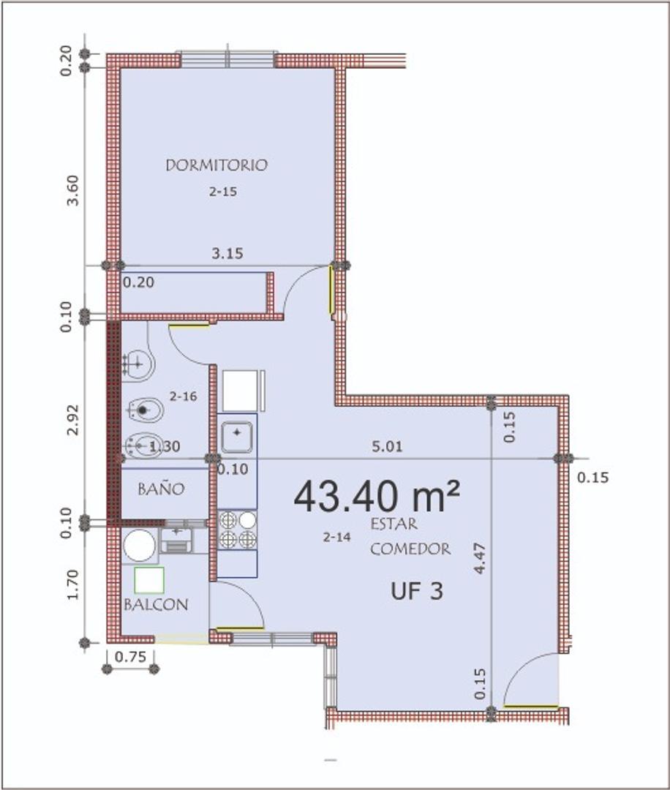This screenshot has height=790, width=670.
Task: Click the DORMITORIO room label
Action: click(217, 165)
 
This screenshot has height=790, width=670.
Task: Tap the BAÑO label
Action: click(161, 489)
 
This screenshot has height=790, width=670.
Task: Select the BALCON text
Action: click(156, 605)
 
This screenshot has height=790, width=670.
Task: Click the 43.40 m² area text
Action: click(377, 497)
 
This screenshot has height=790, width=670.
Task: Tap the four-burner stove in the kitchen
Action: click(237, 530)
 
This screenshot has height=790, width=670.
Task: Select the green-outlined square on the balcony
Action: click(148, 580)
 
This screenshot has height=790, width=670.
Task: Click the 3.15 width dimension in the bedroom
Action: click(227, 254)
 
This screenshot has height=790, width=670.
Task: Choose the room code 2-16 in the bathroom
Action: click(183, 396)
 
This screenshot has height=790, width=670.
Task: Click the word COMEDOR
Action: click(410, 549)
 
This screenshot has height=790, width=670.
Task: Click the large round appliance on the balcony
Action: click(139, 546)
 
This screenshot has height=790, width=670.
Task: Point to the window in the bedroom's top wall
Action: click(227, 59)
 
